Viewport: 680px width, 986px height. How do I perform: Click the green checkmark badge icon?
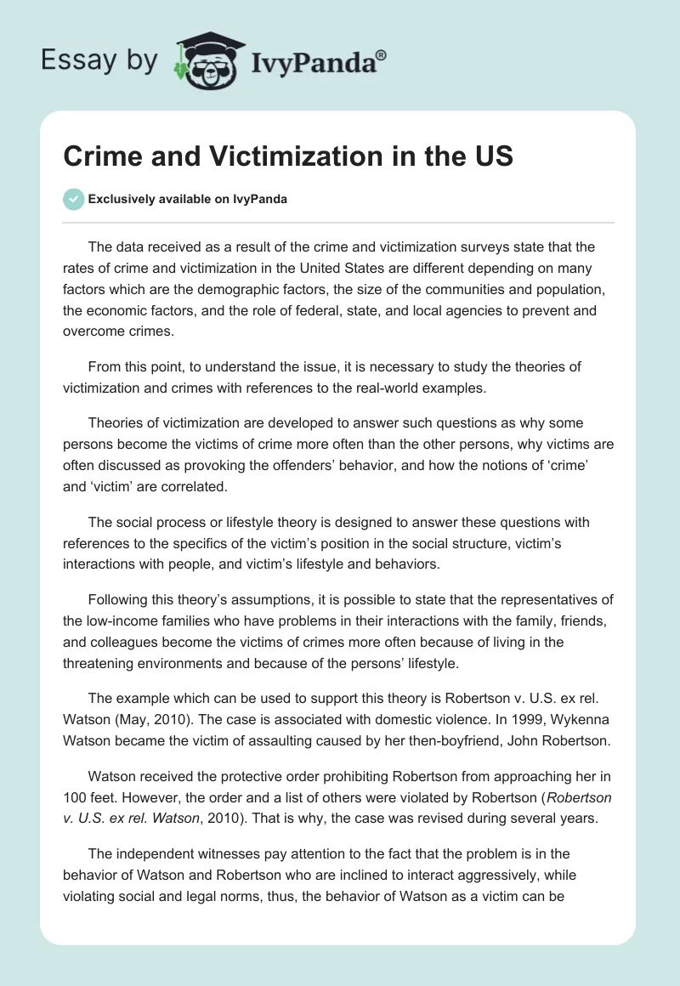[75, 199]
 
